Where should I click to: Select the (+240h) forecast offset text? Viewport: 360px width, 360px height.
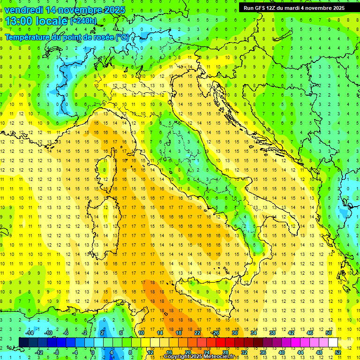click(x=83, y=21)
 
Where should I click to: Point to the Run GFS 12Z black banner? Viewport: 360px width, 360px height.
click(x=293, y=7)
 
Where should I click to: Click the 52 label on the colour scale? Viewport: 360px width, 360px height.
click(x=338, y=352)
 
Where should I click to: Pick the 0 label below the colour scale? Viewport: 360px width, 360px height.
click(x=93, y=352)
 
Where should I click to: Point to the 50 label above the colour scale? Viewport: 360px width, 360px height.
click(x=329, y=333)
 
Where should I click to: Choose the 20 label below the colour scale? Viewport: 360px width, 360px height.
click(x=187, y=352)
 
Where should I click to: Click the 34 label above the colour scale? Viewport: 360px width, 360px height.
click(x=253, y=333)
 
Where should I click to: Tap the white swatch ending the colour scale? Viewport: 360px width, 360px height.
click(x=333, y=342)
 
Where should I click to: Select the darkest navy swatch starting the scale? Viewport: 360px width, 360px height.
click(x=23, y=342)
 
